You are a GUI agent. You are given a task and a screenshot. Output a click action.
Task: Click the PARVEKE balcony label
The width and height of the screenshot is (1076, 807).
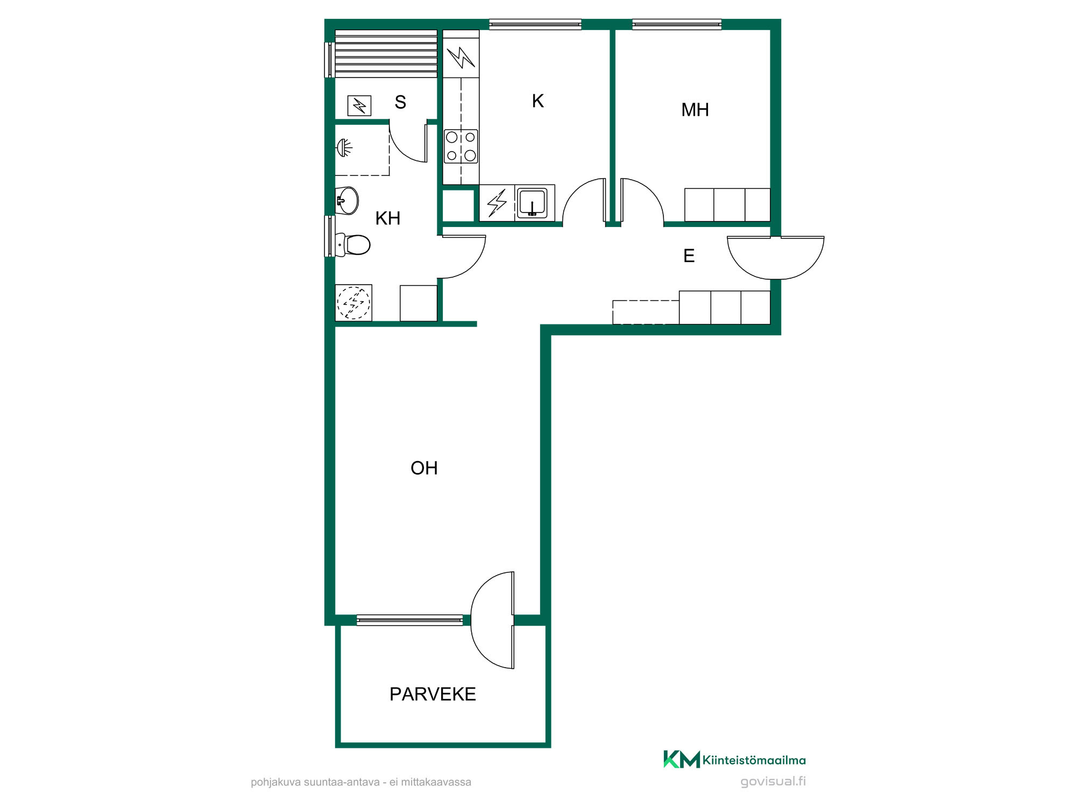433,694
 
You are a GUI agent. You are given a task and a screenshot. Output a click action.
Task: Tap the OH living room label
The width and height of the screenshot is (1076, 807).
424,468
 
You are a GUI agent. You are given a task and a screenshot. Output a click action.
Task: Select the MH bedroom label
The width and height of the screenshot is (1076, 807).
695,110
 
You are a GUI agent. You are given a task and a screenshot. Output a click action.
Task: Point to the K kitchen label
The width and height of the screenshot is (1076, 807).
537,101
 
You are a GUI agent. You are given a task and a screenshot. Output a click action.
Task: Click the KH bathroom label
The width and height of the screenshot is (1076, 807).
388,218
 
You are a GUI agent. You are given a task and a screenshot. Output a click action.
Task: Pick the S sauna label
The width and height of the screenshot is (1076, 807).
400,102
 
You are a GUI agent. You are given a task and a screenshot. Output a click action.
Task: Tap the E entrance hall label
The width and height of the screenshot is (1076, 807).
689,256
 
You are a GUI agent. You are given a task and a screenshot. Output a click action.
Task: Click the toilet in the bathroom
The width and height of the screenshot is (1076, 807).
353,245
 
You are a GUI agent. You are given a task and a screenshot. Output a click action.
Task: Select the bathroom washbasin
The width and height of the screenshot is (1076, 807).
347,201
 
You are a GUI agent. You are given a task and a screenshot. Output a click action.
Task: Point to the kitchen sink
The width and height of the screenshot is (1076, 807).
532,203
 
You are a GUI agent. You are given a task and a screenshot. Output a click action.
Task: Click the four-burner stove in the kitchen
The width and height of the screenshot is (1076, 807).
461,146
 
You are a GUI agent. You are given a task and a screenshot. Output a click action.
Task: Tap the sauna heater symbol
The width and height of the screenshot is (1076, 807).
359,105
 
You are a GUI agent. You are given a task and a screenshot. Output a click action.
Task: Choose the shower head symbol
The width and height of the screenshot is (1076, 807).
344,147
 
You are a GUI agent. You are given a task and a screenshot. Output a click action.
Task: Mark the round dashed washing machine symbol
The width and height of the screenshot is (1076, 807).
353,302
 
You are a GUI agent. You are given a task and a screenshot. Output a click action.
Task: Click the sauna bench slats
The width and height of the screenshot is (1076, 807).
386,54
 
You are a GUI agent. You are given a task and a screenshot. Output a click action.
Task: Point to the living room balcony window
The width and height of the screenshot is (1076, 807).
409,620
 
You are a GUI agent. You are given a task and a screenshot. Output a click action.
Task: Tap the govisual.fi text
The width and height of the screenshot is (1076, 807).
773,781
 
